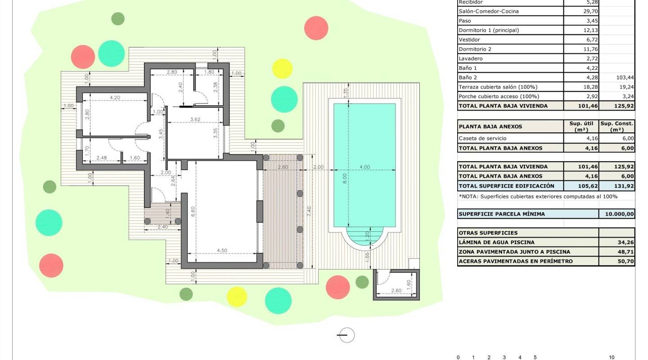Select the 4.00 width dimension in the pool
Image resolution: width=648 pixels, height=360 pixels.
point(364,167)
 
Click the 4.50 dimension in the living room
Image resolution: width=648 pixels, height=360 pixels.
point(222,251)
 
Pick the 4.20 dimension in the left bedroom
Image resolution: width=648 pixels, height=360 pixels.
point(115,97)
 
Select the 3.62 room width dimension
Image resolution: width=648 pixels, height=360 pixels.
point(195,119)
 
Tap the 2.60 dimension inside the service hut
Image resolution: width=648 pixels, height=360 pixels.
point(396,291)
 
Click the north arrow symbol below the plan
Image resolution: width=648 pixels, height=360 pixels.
point(346,335)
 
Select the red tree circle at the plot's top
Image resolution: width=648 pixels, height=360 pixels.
point(316,27)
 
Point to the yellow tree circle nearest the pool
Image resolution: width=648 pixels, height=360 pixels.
point(282,68)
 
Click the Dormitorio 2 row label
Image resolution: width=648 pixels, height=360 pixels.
point(475,49)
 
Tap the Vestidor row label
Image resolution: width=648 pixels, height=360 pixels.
point(469,40)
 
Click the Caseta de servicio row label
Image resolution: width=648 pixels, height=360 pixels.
point(482,139)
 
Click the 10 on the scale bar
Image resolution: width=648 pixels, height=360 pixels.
point(612,357)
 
